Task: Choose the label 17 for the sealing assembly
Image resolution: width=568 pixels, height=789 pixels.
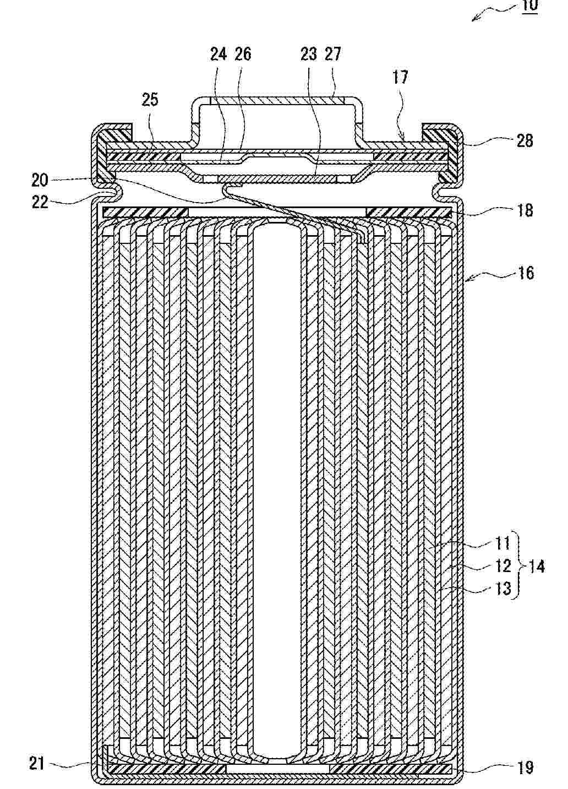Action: (400, 77)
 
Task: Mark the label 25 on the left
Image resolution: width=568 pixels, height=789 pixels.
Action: (150, 99)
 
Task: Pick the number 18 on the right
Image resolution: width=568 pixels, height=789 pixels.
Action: (525, 210)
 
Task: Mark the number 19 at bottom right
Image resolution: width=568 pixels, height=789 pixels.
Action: (526, 767)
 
